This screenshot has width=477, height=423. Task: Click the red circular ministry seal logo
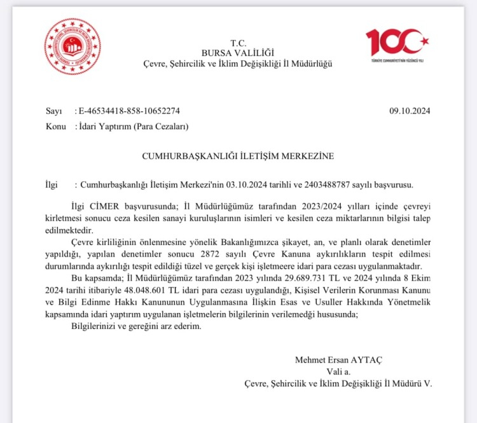72,47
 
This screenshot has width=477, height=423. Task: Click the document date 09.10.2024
410,111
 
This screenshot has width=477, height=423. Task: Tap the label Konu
56,127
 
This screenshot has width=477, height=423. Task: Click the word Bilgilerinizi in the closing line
90,326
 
